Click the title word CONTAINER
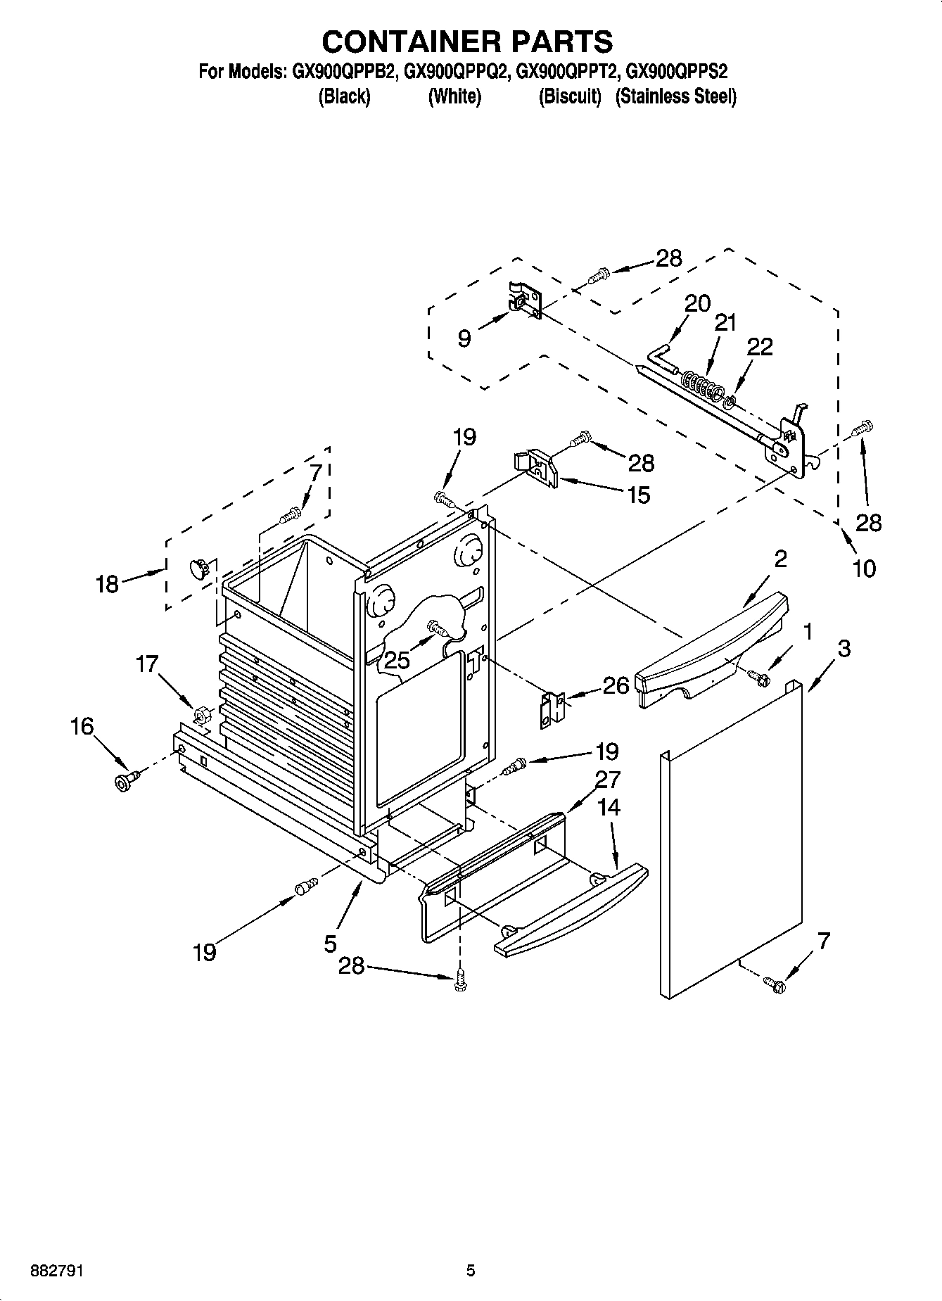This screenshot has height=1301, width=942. pos(398,42)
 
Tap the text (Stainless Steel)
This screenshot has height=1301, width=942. pos(675,96)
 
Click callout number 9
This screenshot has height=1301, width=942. pos(464,338)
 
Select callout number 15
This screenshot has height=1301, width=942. pos(638,495)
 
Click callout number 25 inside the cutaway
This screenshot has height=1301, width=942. pos(397,659)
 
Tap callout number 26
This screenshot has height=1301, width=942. pos(616,685)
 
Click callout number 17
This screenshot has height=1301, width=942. pos(147,664)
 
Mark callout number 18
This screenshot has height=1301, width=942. pos(107,583)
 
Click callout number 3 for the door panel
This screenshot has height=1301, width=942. pos(844,648)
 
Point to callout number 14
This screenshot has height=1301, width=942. pos(609,807)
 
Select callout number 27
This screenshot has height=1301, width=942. pos(608,779)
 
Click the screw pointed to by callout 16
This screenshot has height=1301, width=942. pos(125,780)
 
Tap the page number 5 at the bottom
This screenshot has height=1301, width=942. pos(471,1271)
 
